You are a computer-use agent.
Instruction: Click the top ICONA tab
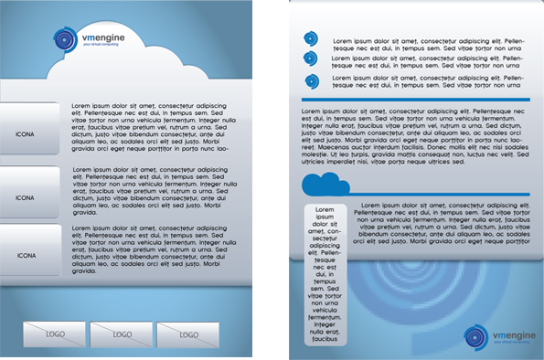point(27,135)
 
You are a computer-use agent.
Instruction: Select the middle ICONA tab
point(27,196)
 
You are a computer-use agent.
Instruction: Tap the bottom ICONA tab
point(27,255)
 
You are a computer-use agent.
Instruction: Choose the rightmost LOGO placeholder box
point(188,334)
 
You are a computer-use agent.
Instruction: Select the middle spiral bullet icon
point(311,59)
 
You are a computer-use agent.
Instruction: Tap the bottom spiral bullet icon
point(311,81)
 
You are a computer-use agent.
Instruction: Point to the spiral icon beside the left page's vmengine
point(66,40)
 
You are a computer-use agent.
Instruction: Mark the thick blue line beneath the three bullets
point(416,98)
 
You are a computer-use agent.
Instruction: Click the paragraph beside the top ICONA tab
point(149,127)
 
